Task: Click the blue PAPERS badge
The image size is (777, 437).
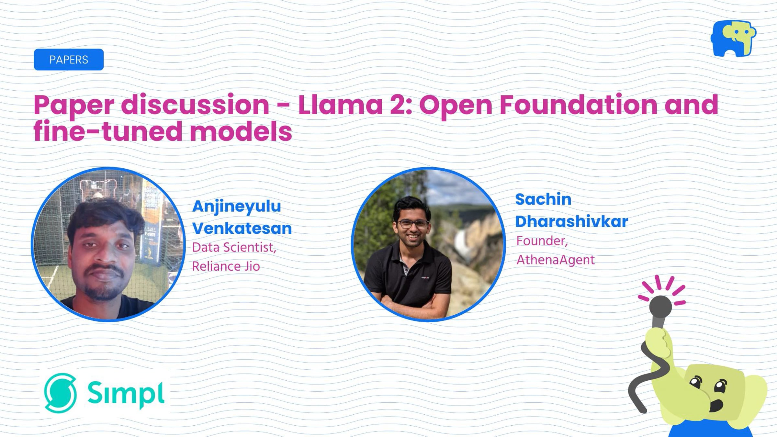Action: (x=69, y=60)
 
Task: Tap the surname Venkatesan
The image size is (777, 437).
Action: (x=242, y=228)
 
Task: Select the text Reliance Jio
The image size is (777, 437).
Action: (x=226, y=266)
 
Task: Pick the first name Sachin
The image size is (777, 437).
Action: (x=543, y=199)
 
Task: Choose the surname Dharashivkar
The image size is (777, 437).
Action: (x=571, y=221)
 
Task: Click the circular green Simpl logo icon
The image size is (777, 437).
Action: (x=61, y=393)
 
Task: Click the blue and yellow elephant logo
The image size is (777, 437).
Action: (x=734, y=38)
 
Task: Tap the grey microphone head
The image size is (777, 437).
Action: (x=660, y=307)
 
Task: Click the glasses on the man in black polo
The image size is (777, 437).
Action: (x=412, y=224)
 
